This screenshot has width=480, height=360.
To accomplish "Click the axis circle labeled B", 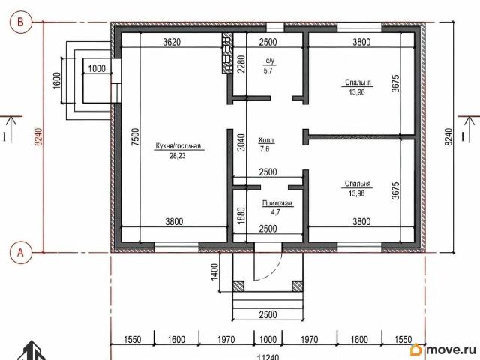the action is [20, 22].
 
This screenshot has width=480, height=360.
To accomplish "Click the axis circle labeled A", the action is [20, 253].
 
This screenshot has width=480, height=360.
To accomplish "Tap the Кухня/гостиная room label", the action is [178, 146].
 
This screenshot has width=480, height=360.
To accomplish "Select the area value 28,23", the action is [178, 156].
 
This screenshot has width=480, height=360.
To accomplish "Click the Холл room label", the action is [266, 140].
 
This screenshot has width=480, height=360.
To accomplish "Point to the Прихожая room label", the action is [277, 203].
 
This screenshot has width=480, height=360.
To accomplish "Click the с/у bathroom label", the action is [269, 61].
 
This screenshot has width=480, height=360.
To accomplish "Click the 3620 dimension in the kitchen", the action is [172, 42].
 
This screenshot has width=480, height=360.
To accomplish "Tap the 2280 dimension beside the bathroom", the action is [241, 64].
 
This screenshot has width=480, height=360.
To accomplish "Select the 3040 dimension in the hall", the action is [241, 142].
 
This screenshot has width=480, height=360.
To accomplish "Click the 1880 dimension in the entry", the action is [241, 216].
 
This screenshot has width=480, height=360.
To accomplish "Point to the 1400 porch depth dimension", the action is [214, 271].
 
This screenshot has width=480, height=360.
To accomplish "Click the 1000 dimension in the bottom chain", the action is [268, 339].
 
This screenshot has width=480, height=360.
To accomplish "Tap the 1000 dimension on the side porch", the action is [97, 68].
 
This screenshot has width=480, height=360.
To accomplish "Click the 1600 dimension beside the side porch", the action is [57, 81].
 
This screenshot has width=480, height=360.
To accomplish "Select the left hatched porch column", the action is [238, 286].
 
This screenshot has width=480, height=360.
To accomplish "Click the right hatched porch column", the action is [298, 286].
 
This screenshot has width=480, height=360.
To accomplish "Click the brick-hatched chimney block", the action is [227, 53].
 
